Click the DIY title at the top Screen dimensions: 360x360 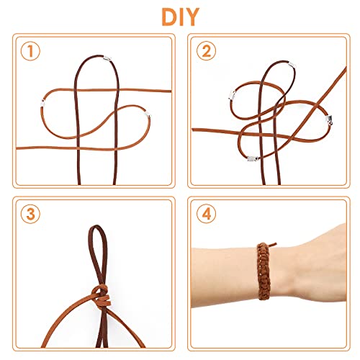click(x=179, y=16)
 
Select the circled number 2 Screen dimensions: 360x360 click(x=208, y=51)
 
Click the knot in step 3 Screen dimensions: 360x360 click(x=101, y=292)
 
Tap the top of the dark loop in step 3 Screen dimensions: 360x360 click(x=94, y=229)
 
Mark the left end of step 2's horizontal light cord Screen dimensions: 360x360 click(x=196, y=130)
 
